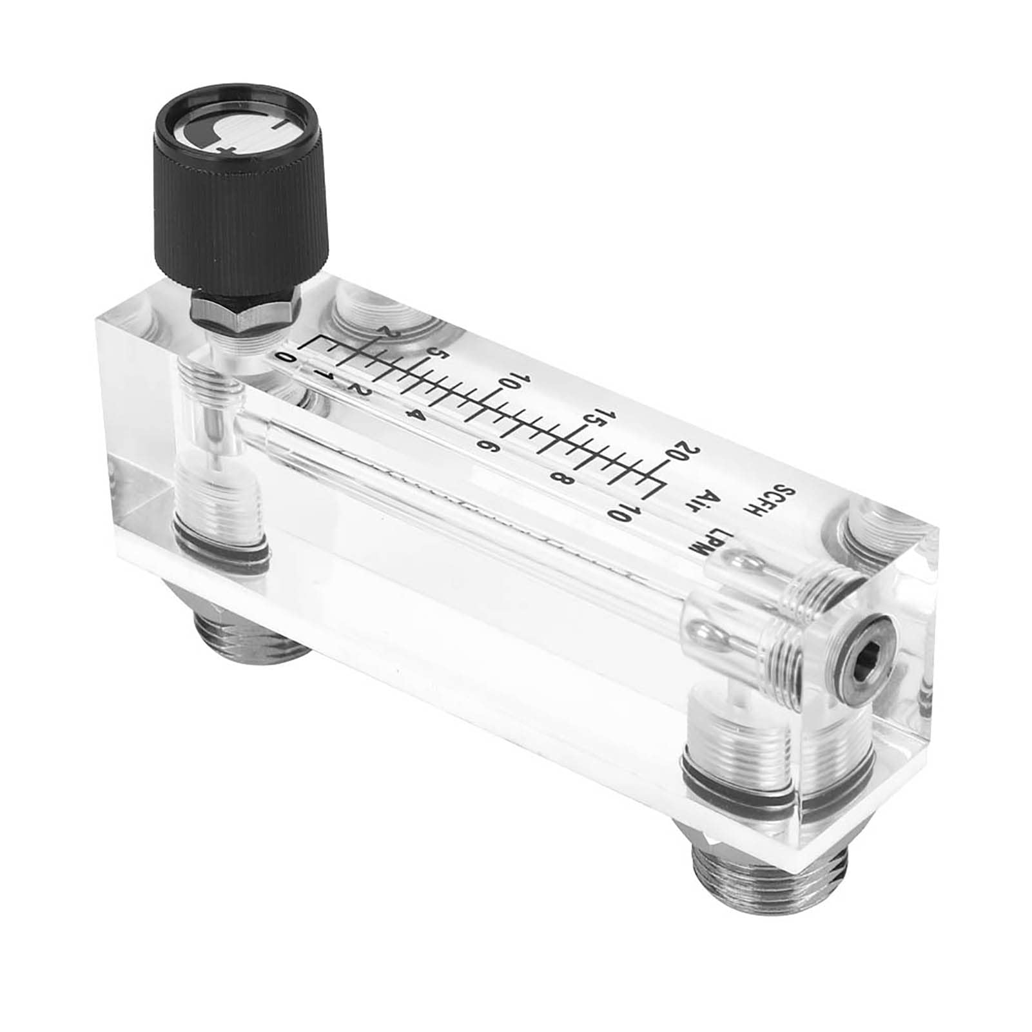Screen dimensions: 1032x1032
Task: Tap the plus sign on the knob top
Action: click(227, 149)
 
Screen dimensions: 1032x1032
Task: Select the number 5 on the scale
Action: click(440, 353)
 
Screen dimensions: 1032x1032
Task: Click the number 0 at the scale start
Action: click(285, 356)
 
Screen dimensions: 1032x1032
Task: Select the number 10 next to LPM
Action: click(622, 513)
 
